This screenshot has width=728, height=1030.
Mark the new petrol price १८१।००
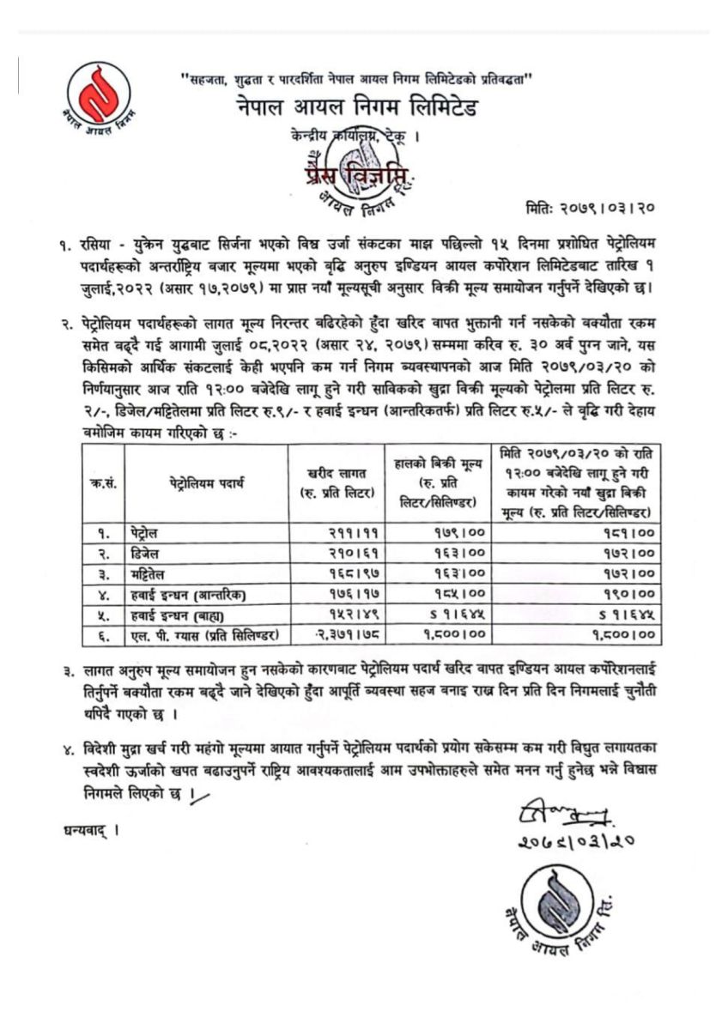[x=628, y=533]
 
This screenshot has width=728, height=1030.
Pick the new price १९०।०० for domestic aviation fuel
[x=628, y=594]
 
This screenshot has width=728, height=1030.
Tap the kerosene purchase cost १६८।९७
[x=340, y=573]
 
